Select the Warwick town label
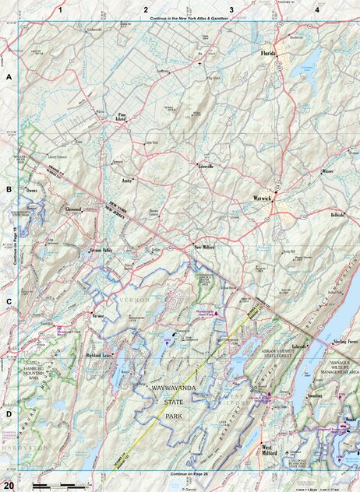(x=263, y=199)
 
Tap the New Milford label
(x=203, y=247)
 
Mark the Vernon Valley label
(x=102, y=251)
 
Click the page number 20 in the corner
(x=8, y=485)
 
